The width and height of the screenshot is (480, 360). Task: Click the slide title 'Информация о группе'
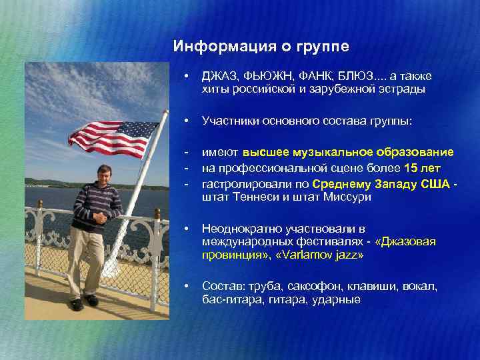tap(261, 47)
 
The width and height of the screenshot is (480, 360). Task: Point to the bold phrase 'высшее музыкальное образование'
tap(349, 152)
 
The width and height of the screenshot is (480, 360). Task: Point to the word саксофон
tap(313, 287)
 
